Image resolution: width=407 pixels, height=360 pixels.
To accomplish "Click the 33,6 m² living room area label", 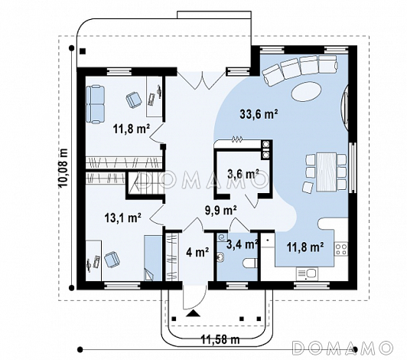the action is (259, 114).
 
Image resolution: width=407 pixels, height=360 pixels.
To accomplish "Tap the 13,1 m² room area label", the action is (123, 218).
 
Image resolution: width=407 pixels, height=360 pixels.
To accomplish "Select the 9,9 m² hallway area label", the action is (221, 211).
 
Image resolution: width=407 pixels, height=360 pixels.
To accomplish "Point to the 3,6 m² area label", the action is (243, 174).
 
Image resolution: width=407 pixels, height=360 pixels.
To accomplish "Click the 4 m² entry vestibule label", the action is (198, 252).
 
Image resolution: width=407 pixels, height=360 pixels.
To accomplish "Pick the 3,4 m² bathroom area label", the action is (243, 244).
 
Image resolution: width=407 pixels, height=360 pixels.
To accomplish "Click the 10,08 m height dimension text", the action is (63, 168).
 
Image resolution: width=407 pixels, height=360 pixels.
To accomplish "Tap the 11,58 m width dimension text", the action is (220, 339).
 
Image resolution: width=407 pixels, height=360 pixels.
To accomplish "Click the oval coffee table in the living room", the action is (307, 90).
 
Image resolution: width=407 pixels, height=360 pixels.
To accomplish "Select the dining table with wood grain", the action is (326, 172).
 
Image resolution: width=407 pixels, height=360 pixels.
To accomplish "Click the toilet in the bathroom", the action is (250, 263).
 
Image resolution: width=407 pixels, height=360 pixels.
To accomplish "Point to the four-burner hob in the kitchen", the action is (341, 248).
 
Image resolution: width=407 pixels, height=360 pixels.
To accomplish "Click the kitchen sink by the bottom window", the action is (307, 274).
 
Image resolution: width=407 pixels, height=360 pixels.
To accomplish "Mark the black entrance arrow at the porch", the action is (193, 313).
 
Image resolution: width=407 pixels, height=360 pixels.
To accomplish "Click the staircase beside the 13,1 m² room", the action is (145, 185).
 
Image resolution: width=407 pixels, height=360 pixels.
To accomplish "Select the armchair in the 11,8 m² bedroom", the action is (134, 100).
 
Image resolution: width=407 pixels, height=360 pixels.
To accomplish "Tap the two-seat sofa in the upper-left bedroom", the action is (96, 103).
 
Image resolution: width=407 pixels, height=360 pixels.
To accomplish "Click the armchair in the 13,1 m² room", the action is (112, 260).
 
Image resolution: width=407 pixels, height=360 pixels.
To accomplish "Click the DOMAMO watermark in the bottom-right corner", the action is (343, 347).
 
